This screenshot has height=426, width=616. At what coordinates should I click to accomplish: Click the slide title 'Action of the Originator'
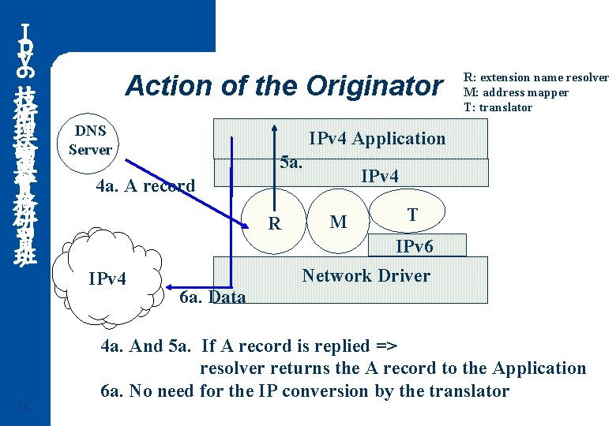click(284, 85)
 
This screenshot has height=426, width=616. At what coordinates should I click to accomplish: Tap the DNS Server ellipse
click(90, 140)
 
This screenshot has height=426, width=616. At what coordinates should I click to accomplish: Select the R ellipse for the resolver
click(274, 223)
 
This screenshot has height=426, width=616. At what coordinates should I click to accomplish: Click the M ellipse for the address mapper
click(338, 222)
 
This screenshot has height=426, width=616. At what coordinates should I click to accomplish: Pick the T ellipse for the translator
click(411, 215)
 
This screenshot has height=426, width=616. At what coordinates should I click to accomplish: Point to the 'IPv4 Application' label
click(377, 139)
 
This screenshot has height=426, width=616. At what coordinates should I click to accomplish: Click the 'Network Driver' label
click(366, 275)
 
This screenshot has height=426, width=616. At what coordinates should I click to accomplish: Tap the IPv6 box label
click(415, 247)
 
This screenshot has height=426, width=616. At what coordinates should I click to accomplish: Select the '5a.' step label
click(292, 163)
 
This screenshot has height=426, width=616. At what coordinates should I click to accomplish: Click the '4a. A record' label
click(145, 187)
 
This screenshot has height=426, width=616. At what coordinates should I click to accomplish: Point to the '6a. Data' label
click(212, 297)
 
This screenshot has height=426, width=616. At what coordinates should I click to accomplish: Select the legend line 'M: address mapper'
click(516, 92)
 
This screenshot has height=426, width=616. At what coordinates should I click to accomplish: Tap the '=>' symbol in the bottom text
click(385, 346)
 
